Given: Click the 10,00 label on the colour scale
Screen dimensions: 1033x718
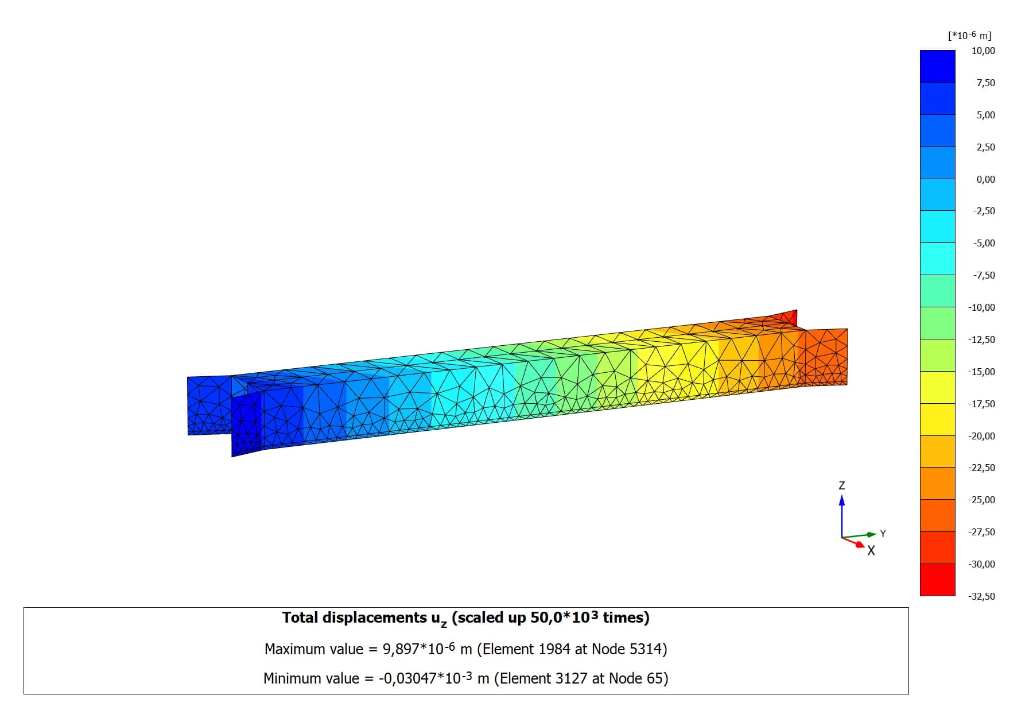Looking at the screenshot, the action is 983,51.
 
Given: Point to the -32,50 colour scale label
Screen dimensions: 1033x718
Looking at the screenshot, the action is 981,596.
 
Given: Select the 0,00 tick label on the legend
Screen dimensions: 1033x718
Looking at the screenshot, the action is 986,179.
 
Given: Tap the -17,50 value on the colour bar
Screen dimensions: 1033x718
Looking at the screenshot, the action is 981,404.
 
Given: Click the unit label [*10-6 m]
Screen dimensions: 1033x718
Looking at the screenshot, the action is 970,35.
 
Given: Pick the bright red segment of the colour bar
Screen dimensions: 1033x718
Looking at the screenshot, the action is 938,580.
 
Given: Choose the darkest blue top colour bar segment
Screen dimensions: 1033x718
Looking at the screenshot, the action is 938,66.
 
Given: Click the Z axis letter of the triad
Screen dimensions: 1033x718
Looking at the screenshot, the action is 842,485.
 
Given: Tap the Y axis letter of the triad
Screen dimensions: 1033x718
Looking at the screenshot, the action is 883,534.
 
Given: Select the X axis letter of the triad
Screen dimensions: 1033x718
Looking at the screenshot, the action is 871,551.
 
